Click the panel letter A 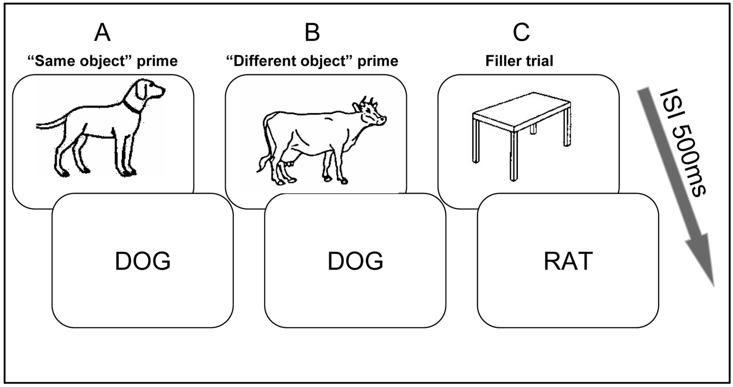pos(102,33)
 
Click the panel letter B pos(312,33)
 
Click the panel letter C pos(521,33)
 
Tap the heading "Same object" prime pos(103,61)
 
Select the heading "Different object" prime pos(312,61)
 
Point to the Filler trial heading pos(519,61)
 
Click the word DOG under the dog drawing pos(143,261)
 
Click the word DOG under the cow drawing pos(355,261)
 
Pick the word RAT pos(568,261)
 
